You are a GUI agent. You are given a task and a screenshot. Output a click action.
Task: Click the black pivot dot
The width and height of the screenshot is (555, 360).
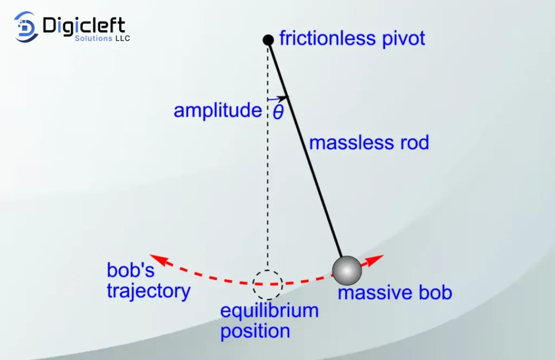point(268,40)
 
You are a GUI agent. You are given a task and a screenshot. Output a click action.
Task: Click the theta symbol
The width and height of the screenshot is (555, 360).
point(277,112)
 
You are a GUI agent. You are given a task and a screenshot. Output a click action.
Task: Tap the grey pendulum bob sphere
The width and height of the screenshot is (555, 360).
point(347,270)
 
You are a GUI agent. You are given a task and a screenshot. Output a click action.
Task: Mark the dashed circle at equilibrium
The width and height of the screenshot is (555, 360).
point(268,284)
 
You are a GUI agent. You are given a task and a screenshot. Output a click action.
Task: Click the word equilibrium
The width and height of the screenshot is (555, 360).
point(269,311)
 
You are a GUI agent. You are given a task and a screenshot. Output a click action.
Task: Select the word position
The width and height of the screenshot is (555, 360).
point(255,331)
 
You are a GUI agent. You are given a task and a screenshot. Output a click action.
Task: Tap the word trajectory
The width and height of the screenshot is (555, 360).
point(149,291)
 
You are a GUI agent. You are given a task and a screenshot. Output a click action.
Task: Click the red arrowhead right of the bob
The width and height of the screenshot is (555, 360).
point(377,258)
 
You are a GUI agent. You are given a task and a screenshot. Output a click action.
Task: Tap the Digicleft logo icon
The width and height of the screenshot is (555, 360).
point(26,27)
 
